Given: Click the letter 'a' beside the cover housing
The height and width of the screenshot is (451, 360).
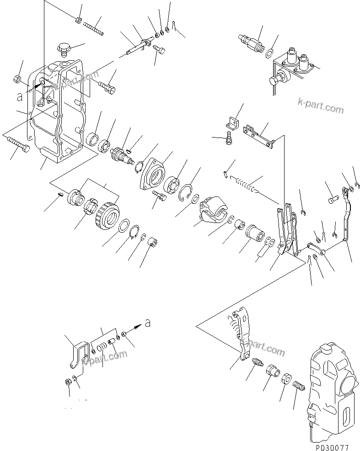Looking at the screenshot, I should coord(19,96).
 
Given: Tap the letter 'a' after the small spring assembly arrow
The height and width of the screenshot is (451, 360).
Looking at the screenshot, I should coord(147,323).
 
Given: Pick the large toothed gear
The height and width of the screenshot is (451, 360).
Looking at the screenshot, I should coord(107,215).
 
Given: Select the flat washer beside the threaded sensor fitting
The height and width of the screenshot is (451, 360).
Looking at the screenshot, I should coord(270,53).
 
